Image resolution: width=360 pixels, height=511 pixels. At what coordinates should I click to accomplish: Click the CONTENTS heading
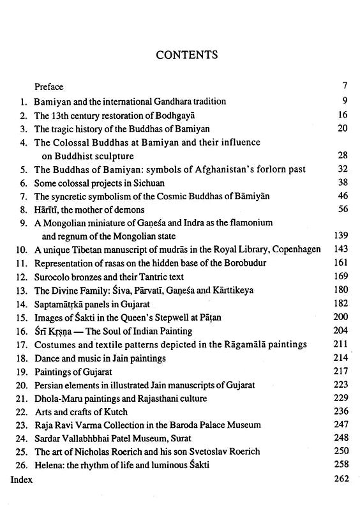(x=187, y=55)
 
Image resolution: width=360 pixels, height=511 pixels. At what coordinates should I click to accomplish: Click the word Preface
(x=49, y=86)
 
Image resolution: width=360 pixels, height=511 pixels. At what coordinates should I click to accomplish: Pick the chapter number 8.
(x=22, y=210)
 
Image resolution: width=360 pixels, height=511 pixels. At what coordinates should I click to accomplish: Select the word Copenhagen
(x=292, y=250)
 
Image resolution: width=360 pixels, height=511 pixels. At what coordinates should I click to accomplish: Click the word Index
(x=21, y=478)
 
